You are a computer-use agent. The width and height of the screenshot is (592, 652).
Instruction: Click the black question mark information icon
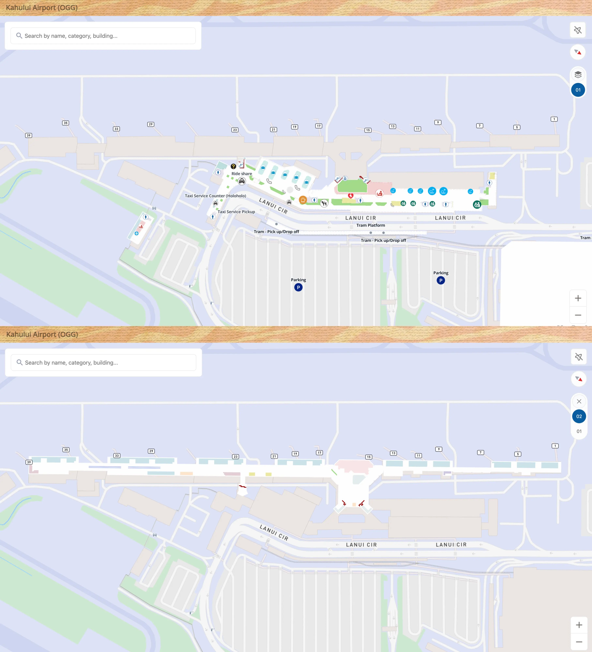pos(233,166)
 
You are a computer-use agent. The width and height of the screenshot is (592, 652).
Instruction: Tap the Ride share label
pos(242,174)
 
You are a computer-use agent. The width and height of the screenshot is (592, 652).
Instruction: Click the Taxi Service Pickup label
pos(236,212)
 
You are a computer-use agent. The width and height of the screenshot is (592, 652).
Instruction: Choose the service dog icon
pos(324,203)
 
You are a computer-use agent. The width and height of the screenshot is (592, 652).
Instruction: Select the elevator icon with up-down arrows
pos(345,178)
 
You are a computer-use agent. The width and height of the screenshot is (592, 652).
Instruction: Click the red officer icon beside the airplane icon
pos(379,193)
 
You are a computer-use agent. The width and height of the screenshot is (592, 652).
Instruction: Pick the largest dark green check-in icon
pos(477,204)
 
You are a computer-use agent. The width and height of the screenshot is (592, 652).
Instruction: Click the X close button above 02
pos(579,401)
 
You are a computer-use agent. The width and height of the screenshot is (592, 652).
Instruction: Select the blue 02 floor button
pos(579,416)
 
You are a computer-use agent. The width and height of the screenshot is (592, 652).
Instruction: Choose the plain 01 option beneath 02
pos(579,431)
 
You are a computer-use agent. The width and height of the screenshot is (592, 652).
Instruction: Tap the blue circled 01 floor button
pos(578,90)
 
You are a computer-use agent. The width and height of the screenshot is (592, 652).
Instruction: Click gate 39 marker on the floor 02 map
pos(29,462)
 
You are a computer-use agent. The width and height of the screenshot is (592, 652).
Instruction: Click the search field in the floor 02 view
pos(104,363)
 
